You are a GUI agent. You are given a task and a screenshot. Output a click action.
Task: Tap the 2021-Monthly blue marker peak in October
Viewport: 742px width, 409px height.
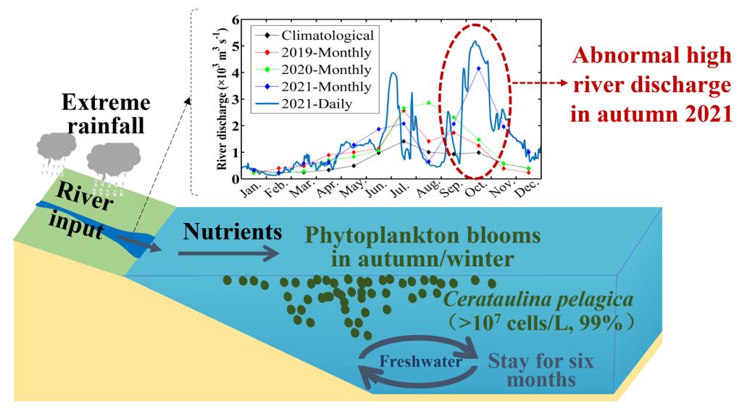click(478, 68)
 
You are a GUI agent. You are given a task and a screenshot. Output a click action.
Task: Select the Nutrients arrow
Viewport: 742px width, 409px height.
click(229, 253)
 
